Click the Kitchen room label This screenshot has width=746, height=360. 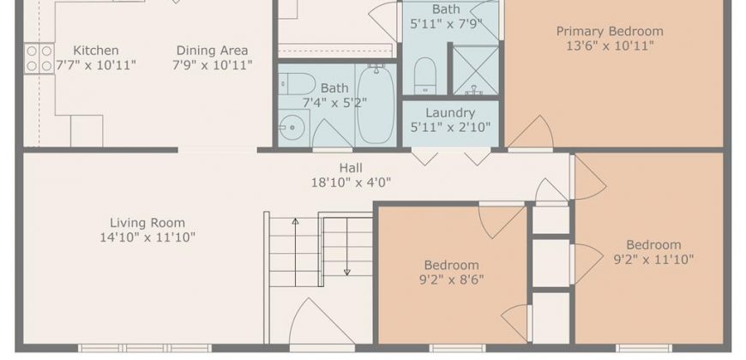tap(96, 51)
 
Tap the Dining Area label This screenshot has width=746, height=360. tap(212, 51)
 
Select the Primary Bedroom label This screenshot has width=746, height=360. tap(610, 32)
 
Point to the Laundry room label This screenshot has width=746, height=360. tap(450, 112)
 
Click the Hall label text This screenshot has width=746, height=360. tap(351, 168)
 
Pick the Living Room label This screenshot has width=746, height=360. tap(147, 223)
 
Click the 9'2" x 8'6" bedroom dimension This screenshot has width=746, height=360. tap(451, 279)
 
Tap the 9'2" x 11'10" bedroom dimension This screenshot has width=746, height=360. tap(653, 259)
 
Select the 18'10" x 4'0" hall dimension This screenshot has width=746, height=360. tap(351, 182)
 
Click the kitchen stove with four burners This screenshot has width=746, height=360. tap(39, 58)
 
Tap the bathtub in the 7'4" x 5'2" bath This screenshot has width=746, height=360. tap(376, 105)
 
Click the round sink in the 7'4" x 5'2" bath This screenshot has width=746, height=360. tap(289, 127)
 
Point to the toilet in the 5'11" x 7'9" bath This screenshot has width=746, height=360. tap(424, 76)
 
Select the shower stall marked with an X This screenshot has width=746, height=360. tap(475, 70)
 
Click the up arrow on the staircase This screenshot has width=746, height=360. tap(296, 252)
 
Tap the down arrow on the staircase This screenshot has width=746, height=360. tap(346, 247)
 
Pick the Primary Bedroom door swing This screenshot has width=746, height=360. tap(530, 132)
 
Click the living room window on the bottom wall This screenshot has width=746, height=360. tap(145, 348)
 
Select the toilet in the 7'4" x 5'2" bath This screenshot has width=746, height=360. tap(297, 84)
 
